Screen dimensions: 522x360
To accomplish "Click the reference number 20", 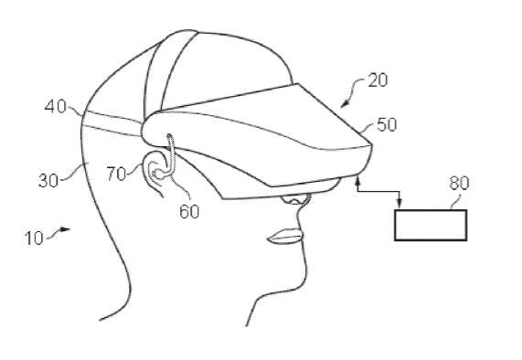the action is point(378,80).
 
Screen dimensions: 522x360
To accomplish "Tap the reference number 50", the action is point(387,125).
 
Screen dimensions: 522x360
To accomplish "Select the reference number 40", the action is point(55,107).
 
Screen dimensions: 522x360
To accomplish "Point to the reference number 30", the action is point(48,181).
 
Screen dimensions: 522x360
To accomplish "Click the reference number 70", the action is point(116,174).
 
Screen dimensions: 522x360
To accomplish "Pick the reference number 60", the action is point(189,211).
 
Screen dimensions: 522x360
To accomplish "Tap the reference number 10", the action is point(34,238).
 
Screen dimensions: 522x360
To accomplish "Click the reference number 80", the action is point(460,183).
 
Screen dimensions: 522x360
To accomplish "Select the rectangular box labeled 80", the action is point(431,225).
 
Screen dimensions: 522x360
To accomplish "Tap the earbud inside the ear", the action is point(157,174).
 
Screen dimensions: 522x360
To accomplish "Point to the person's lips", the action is point(285,237).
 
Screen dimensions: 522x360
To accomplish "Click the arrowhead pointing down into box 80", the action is point(399,202).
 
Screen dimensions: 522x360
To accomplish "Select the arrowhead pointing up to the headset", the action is point(358,181).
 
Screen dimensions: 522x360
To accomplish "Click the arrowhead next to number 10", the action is point(66,229).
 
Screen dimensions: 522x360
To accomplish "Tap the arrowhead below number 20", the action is point(345,104).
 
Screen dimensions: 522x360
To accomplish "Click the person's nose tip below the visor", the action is point(294,200).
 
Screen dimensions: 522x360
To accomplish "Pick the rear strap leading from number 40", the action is point(113,123).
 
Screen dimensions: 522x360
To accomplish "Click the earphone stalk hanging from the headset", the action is point(170,154).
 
